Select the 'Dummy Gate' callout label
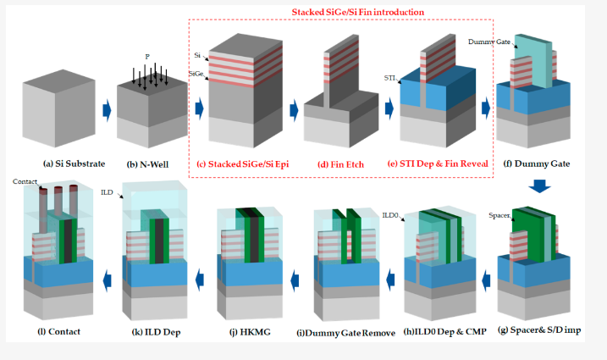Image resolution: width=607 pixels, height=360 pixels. (x=489, y=40)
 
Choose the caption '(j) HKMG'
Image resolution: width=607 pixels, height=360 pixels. (x=249, y=331)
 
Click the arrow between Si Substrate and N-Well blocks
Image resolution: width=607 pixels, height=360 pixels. (x=107, y=109)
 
